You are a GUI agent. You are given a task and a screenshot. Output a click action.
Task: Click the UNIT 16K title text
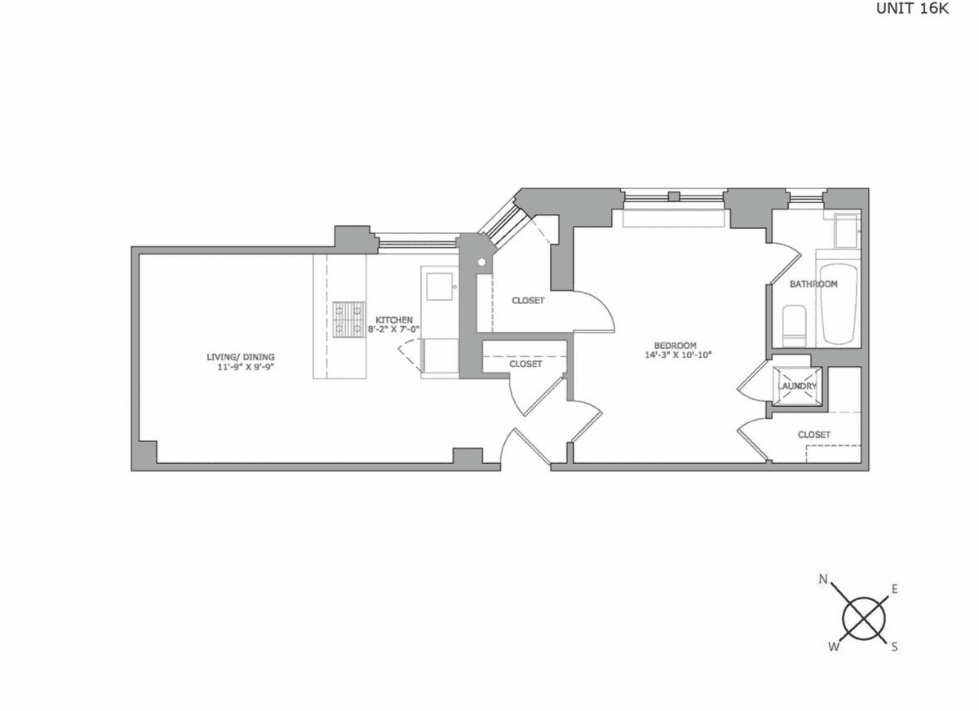pyautogui.click(x=912, y=9)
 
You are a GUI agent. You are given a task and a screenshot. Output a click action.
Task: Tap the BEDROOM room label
pyautogui.click(x=675, y=345)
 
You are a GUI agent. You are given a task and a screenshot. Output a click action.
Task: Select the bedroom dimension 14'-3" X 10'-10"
pyautogui.click(x=678, y=355)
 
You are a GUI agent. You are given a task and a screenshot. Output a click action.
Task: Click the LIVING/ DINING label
pyautogui.click(x=241, y=357)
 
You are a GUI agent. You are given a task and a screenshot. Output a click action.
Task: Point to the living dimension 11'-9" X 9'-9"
pyautogui.click(x=246, y=367)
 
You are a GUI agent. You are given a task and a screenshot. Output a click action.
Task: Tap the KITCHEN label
pyautogui.click(x=394, y=320)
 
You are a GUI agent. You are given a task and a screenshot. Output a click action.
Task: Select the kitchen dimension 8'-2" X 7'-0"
pyautogui.click(x=394, y=329)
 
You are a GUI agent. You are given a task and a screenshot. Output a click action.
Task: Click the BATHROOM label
pyautogui.click(x=813, y=285)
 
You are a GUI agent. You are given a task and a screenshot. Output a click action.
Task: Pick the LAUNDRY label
pyautogui.click(x=797, y=386)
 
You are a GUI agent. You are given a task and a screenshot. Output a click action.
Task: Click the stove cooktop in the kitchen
pyautogui.click(x=349, y=320)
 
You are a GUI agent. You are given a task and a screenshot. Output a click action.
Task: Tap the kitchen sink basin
pyautogui.click(x=439, y=286)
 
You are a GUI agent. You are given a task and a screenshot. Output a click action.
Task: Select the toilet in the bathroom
pyautogui.click(x=794, y=326)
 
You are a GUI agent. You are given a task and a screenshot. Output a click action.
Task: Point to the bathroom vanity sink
pyautogui.click(x=846, y=231)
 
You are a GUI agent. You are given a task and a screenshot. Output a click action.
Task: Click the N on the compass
pyautogui.click(x=823, y=580)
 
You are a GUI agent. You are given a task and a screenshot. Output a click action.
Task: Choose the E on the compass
pyautogui.click(x=895, y=590)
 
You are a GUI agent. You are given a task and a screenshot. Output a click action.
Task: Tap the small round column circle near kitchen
pyautogui.click(x=481, y=263)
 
